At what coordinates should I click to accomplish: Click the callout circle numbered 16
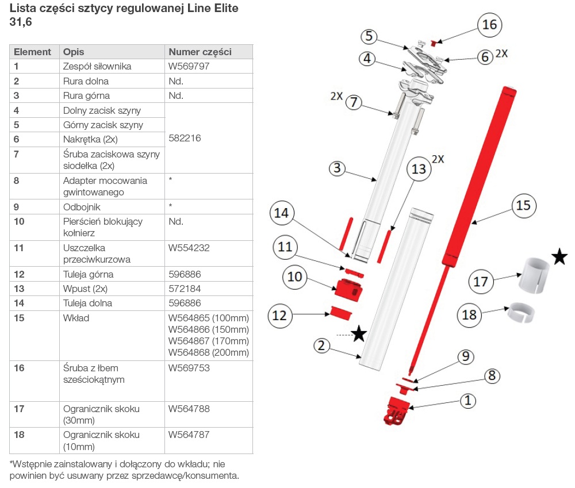(490, 25)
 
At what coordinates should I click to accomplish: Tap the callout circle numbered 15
(523, 205)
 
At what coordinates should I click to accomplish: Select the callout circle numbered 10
(294, 277)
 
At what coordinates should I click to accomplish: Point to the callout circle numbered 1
(468, 401)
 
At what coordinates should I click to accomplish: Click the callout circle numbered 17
(481, 282)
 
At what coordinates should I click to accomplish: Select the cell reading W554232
(189, 248)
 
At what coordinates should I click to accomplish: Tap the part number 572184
(185, 289)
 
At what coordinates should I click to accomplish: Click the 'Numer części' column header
(200, 52)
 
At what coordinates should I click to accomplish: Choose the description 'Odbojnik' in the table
(82, 206)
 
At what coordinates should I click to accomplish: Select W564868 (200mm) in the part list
(208, 352)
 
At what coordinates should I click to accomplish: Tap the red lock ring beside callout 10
(350, 288)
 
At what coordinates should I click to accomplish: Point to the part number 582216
(185, 139)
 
